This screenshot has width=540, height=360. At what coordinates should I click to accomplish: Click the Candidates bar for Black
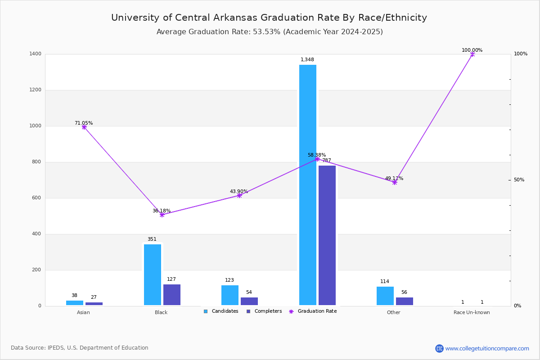click(x=153, y=274)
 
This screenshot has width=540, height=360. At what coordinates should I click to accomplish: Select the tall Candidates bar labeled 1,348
click(x=308, y=185)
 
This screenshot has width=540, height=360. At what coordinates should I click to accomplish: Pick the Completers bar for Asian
click(x=94, y=304)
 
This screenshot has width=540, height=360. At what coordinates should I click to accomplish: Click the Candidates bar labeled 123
click(x=230, y=295)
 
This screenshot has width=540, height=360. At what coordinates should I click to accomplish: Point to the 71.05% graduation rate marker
click(x=84, y=127)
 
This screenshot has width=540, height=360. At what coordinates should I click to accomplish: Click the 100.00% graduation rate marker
click(x=472, y=54)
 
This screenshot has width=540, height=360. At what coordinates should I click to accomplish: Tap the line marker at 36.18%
click(x=162, y=215)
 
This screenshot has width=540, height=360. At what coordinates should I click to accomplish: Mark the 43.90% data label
click(x=239, y=191)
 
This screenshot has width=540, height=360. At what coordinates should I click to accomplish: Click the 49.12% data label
click(x=394, y=178)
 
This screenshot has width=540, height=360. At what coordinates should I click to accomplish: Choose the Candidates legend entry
click(x=221, y=311)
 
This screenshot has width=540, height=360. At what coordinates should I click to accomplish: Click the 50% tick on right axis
click(x=519, y=180)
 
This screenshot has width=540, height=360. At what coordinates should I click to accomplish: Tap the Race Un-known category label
click(x=472, y=312)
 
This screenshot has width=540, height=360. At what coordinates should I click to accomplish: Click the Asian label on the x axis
click(x=83, y=312)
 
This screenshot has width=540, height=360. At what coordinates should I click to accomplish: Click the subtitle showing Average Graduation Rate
click(x=270, y=32)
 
